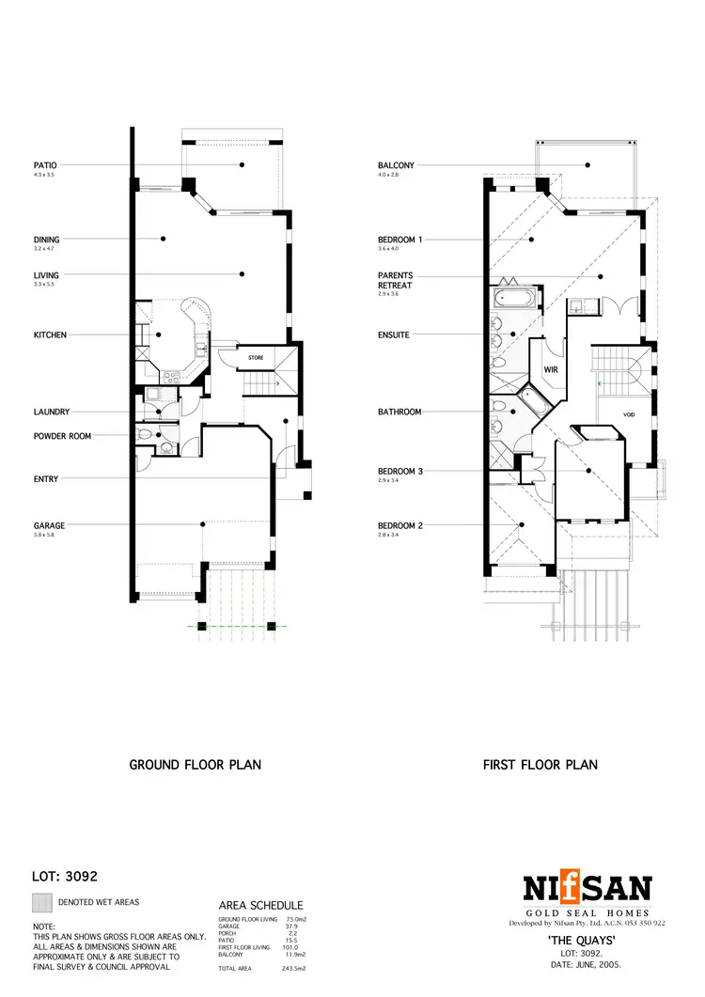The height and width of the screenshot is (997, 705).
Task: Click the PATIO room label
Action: pos(45,165)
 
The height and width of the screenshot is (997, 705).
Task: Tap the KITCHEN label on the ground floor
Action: pos(51,335)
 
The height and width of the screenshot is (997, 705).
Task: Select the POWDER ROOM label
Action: pos(62,436)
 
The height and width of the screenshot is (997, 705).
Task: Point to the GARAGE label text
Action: pos(49,526)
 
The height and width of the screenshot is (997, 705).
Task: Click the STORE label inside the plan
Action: pos(256,358)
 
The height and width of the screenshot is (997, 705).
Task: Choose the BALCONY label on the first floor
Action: pos(396,165)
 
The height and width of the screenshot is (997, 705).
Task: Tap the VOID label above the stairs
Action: pos(630,414)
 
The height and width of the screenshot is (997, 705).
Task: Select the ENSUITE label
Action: pos(394,335)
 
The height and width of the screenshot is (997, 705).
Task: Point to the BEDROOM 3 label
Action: pos(399,472)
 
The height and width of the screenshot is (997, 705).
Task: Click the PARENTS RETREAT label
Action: pos(395,280)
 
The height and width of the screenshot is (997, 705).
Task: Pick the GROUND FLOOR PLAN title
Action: pos(195,765)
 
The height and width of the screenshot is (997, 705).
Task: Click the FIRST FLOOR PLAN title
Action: pos(540,765)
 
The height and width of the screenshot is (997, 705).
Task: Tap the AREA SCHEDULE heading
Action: pos(260,905)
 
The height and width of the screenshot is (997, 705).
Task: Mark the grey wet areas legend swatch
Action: pos(41,903)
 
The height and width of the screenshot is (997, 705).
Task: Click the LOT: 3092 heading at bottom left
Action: pos(66,877)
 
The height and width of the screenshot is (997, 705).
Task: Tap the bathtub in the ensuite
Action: pos(514,301)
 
